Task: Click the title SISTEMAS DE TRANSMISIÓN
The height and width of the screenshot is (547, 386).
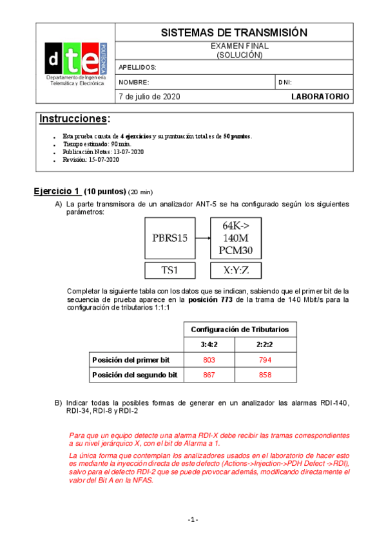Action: click(x=233, y=33)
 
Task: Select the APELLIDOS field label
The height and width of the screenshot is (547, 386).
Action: click(x=137, y=67)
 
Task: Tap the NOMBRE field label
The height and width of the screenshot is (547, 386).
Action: click(x=134, y=83)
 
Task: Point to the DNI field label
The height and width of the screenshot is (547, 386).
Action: click(x=285, y=83)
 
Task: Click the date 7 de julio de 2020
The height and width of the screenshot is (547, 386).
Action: click(x=150, y=97)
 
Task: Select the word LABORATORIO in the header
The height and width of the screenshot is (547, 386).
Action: click(x=320, y=97)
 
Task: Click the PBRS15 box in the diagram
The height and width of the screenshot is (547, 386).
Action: click(x=170, y=237)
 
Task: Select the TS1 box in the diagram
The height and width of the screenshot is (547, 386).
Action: click(x=170, y=270)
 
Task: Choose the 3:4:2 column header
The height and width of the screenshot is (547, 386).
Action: click(x=209, y=344)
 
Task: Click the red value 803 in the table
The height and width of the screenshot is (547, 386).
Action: click(x=209, y=359)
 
